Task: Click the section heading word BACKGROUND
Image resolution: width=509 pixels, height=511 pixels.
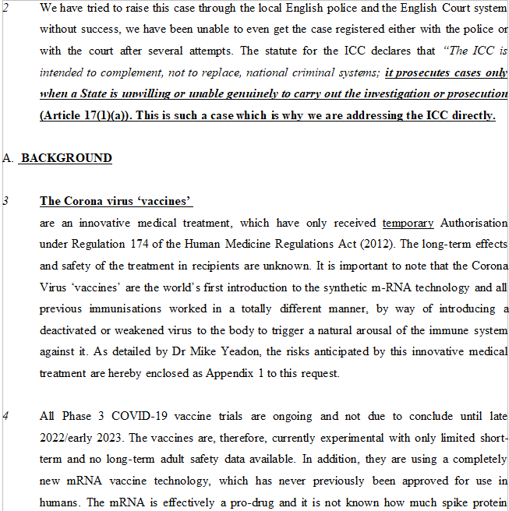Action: point(66,158)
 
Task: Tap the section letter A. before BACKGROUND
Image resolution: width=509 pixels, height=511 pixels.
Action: point(8,158)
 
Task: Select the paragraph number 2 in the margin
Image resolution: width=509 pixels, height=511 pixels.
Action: point(5,10)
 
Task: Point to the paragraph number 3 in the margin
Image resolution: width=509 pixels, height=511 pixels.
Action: point(5,201)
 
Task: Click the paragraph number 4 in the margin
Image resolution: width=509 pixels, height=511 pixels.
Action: point(5,416)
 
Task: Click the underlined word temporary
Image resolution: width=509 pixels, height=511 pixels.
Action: point(408,223)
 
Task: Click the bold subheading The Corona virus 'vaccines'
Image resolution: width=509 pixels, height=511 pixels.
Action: point(116,201)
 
